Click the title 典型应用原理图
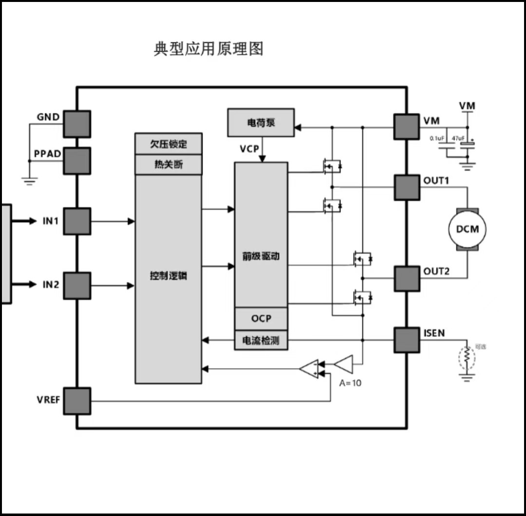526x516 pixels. point(208,49)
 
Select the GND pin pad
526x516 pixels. point(76,124)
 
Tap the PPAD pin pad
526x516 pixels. point(76,160)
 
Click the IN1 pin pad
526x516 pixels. point(76,221)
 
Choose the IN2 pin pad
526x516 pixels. point(76,285)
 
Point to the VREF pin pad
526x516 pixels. point(76,401)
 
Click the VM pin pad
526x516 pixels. point(406,126)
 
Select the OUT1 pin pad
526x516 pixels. point(406,187)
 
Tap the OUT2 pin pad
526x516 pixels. point(406,278)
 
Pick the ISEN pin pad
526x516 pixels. point(406,339)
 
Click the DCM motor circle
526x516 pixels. point(467,229)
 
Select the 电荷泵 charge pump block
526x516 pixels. point(261,122)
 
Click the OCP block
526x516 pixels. point(261,318)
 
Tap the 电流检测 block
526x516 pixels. point(261,340)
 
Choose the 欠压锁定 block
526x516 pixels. point(168,144)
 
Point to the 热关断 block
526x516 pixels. point(168,164)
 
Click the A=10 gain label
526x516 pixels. point(350,383)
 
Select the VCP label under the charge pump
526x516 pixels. point(249,149)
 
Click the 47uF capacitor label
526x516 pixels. point(458,139)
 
